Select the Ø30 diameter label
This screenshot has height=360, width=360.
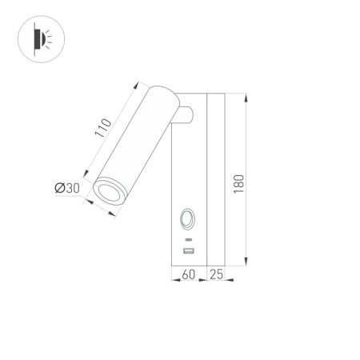(67, 188)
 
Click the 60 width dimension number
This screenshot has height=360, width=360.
(189, 275)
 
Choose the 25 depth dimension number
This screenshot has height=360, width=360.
(215, 275)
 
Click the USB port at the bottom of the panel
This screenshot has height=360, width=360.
(189, 252)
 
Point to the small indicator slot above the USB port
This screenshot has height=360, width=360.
(189, 240)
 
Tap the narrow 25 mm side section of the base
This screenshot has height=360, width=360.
(215, 180)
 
